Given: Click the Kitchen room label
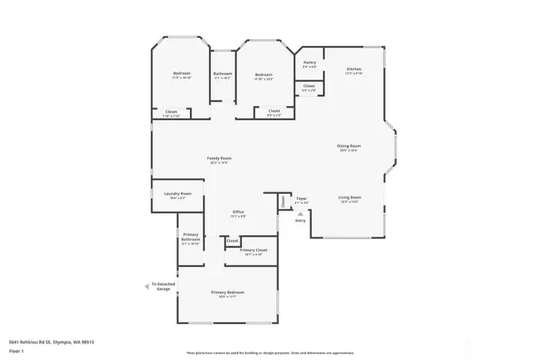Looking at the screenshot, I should (354, 69).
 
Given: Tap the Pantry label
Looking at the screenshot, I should (310, 63).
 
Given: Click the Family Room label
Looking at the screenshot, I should (219, 158).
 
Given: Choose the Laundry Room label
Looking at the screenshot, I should (178, 194).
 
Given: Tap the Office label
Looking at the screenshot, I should (238, 212).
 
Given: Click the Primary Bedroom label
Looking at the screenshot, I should (228, 292).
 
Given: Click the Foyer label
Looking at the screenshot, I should (301, 198).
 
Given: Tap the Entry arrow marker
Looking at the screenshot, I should (301, 213).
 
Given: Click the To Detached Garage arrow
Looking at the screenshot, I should (147, 286).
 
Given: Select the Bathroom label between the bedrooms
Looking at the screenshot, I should (223, 74).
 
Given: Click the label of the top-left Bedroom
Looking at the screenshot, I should (182, 74).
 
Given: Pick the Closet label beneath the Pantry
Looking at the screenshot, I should (310, 86).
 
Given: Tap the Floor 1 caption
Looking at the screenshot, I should (17, 349).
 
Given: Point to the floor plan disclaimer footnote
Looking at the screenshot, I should (270, 352).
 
